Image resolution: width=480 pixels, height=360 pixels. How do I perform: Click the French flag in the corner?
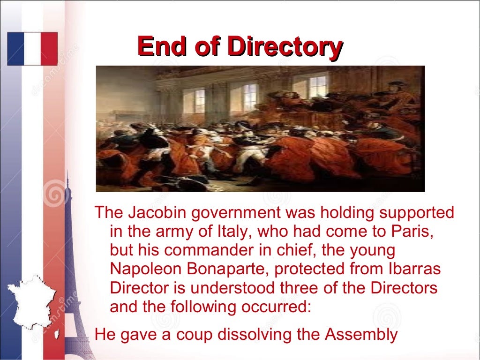32,49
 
